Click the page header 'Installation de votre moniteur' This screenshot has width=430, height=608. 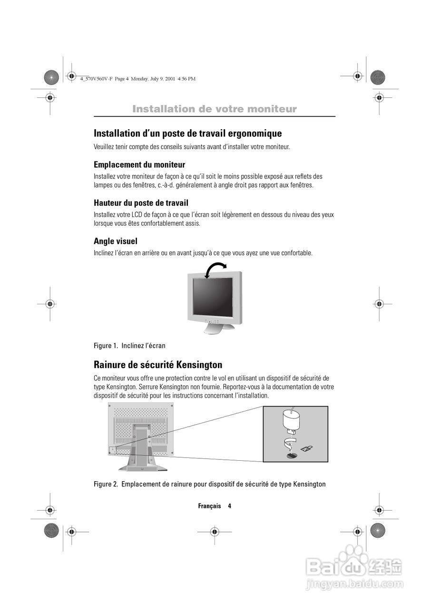pos(215,109)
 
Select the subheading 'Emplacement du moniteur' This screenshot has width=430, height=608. pos(139,165)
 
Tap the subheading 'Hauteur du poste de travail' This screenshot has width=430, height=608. pos(141,203)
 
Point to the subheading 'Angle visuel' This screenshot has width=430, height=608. pos(116,241)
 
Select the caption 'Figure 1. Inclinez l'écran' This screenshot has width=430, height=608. pos(129,345)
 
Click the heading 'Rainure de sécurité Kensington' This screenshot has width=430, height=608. pos(158,365)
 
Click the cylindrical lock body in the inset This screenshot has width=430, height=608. pos(290,419)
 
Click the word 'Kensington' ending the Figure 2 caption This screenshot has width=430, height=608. pos(310,484)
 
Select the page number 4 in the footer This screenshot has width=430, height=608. pos(229,506)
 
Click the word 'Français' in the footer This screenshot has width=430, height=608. pos(209,506)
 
